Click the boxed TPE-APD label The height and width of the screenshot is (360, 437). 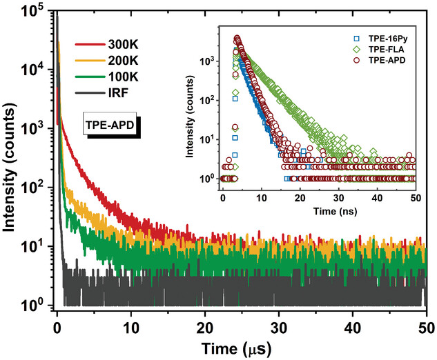point(110,126)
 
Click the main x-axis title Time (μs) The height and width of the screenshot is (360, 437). point(241,346)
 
